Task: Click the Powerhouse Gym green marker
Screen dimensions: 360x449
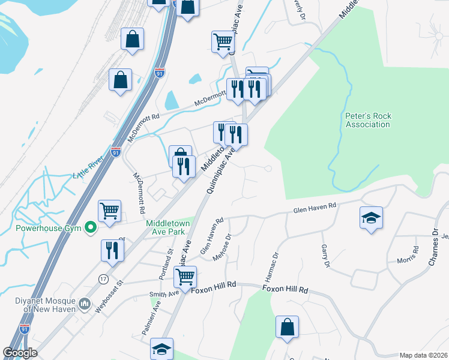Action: (x=91, y=227)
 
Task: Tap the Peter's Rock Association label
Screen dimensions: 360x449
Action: (x=368, y=120)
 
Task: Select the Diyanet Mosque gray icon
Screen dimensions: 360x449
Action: (x=84, y=305)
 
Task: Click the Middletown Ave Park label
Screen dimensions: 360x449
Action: (x=168, y=227)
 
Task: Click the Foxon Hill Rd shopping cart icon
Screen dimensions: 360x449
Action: (x=185, y=277)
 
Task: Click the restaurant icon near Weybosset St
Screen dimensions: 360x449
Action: (x=112, y=250)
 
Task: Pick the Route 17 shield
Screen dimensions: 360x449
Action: (x=103, y=280)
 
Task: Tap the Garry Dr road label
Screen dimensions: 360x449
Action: (x=326, y=256)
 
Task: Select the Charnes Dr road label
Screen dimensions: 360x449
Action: (x=433, y=240)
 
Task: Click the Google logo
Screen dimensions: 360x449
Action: (x=20, y=353)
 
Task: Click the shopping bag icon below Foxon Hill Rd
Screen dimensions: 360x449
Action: (x=288, y=328)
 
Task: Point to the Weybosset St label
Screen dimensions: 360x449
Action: (x=103, y=290)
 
